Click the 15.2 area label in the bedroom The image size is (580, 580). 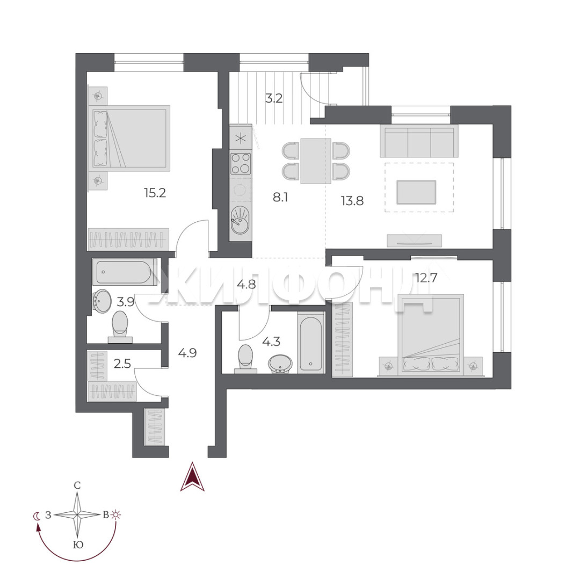(x=155, y=193)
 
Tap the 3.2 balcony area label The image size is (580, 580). (x=274, y=98)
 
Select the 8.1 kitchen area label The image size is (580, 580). (x=280, y=198)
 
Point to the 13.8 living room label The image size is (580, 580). (x=352, y=201)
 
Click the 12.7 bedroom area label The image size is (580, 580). (x=426, y=278)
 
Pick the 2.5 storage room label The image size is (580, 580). (x=122, y=364)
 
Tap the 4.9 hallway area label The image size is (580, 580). (x=187, y=353)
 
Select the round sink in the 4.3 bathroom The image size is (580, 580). (x=280, y=364)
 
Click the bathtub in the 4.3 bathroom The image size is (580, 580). (x=311, y=343)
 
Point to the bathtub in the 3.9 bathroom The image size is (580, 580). (x=125, y=272)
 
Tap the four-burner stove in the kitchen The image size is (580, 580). (x=241, y=163)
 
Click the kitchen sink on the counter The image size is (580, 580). (x=241, y=221)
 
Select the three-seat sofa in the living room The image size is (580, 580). (x=419, y=141)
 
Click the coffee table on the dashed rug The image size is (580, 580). (x=417, y=192)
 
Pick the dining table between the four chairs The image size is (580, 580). (x=316, y=161)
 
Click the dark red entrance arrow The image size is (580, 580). (x=192, y=477)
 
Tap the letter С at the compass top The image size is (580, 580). (x=77, y=485)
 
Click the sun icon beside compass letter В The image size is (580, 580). (x=117, y=514)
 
